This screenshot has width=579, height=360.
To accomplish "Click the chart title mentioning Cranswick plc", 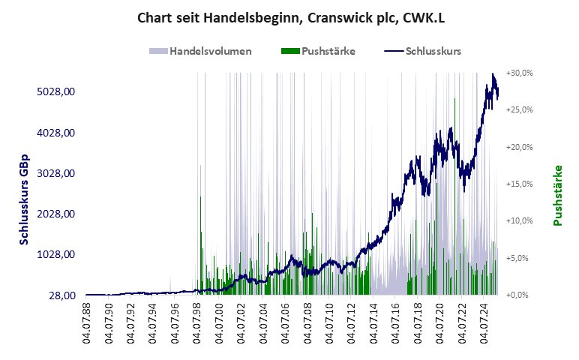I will click(x=290, y=17).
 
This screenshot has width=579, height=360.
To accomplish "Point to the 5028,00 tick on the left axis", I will click(x=58, y=91).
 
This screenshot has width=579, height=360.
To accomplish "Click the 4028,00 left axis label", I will click(x=58, y=133).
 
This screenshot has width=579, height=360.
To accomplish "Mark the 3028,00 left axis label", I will click(x=58, y=173).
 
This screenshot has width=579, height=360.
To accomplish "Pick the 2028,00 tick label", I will click(x=58, y=214).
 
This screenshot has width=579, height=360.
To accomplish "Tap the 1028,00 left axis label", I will click(x=58, y=254).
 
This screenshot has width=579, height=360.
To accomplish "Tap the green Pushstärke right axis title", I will click(x=557, y=195).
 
